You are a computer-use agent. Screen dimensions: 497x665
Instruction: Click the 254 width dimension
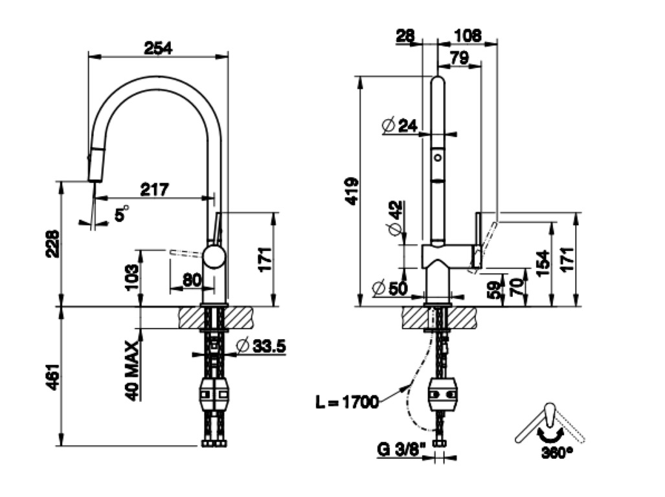click(158, 47)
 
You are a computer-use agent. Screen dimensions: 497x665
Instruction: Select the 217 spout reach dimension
click(155, 189)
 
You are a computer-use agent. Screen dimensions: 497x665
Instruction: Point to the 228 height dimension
click(52, 243)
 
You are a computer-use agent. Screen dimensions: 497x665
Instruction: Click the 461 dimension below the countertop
click(52, 377)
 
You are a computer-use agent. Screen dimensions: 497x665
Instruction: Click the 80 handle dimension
click(192, 280)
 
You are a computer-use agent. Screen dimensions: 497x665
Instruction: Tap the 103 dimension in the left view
click(132, 277)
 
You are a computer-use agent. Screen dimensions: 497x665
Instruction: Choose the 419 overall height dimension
click(350, 191)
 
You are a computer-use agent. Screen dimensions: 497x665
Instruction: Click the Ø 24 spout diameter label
click(400, 125)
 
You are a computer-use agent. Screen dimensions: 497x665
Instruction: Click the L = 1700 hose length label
click(346, 403)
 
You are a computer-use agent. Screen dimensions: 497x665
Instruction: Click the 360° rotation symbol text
click(557, 452)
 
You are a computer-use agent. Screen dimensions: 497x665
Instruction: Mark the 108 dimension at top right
click(468, 35)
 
